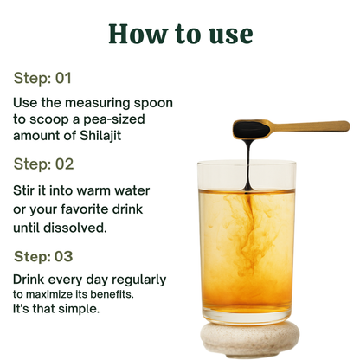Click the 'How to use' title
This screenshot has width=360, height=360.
181,34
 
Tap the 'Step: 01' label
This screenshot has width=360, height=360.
42,78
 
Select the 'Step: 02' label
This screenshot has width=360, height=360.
44,164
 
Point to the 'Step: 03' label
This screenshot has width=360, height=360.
43,256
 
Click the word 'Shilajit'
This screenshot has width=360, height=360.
100,136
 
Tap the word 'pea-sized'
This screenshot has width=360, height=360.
114,119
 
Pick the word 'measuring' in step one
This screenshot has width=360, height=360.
98,103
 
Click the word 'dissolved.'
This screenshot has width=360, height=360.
75,228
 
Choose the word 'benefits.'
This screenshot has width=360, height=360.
112,294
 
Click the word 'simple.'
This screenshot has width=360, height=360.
79,309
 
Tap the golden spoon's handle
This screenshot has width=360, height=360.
310,126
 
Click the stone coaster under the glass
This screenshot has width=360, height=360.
250,338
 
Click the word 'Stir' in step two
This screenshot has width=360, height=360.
23,190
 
